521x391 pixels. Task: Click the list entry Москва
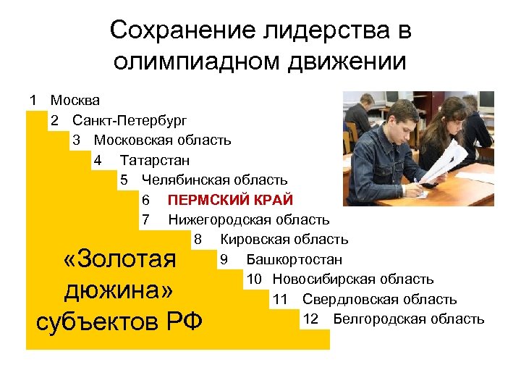75,100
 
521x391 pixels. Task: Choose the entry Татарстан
155,159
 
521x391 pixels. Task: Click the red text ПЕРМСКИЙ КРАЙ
230,200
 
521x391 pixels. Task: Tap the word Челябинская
186,180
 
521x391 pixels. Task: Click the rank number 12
310,319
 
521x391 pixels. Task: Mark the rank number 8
197,239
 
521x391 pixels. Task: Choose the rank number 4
98,159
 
